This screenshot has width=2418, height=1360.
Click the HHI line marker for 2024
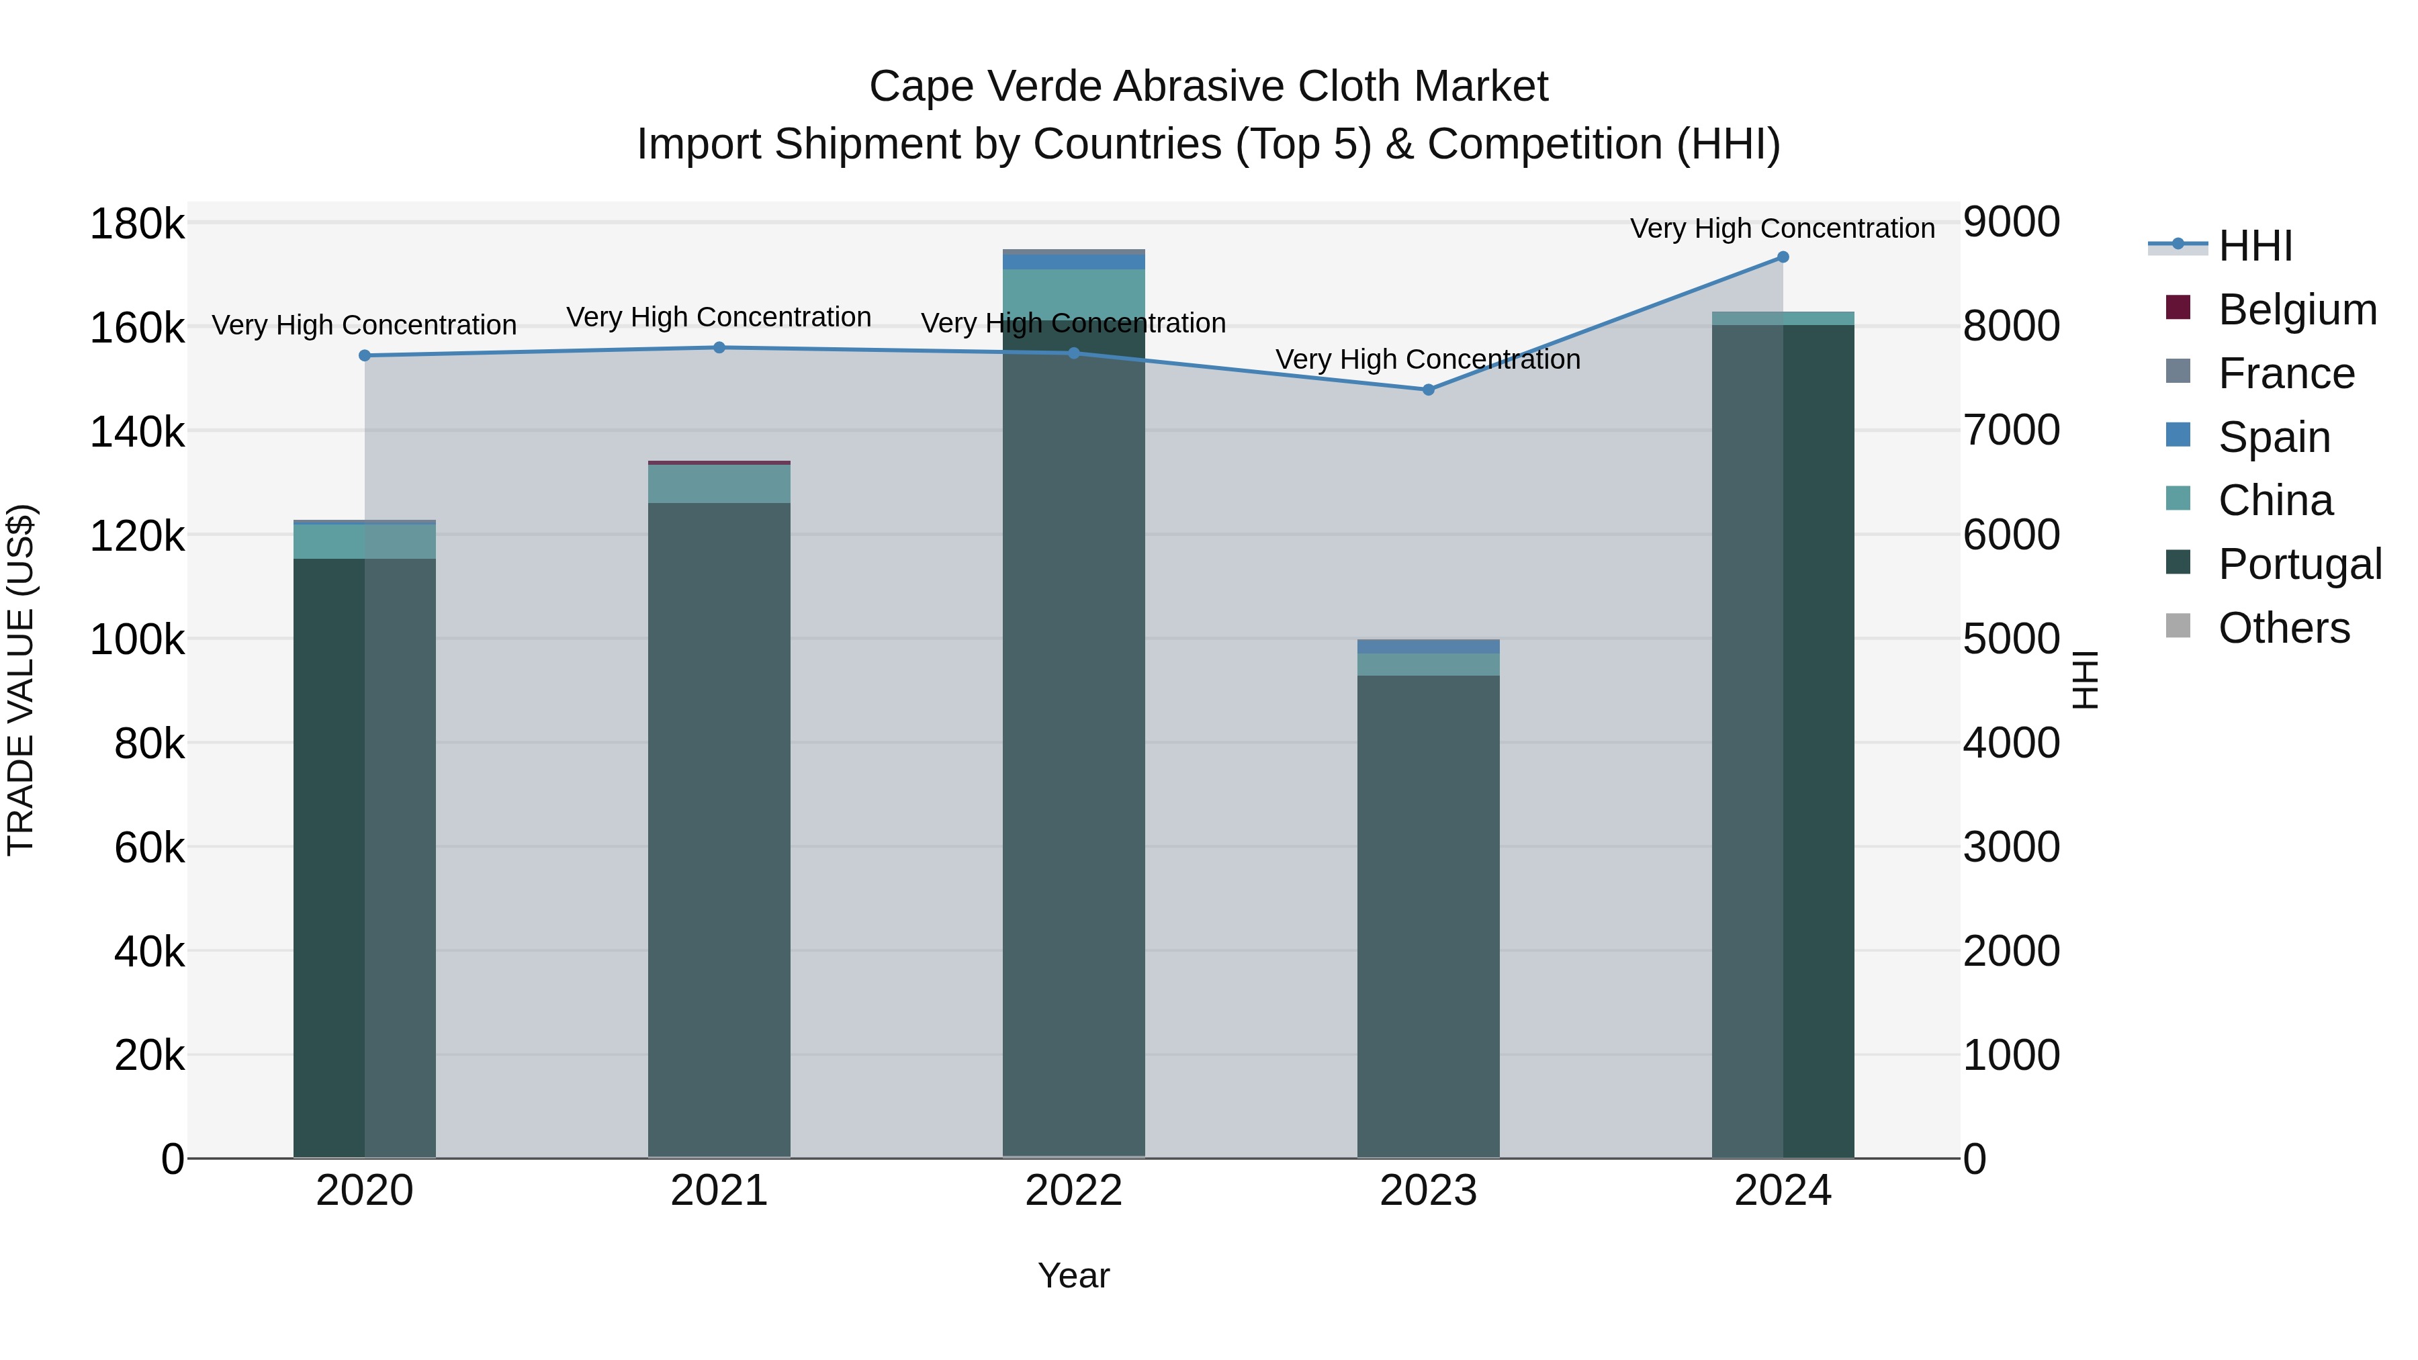(1783, 257)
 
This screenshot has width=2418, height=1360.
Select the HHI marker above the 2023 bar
(1429, 390)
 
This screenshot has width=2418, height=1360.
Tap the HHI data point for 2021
(719, 347)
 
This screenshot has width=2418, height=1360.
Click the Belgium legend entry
(2297, 310)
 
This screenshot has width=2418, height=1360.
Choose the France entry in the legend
(2286, 373)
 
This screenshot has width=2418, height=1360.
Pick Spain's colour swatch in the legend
(2178, 435)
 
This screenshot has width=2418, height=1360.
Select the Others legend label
(2284, 628)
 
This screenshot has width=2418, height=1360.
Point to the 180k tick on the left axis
(137, 225)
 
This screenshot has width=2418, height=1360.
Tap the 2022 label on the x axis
(1074, 1191)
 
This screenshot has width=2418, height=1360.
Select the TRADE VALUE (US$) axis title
(21, 680)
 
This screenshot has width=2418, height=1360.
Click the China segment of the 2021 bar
(719, 484)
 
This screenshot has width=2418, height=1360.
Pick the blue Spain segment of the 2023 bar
(1429, 647)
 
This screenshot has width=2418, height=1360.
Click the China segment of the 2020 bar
(365, 541)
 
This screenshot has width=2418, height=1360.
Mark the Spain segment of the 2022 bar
(1074, 262)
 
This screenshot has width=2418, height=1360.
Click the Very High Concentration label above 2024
(1783, 229)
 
